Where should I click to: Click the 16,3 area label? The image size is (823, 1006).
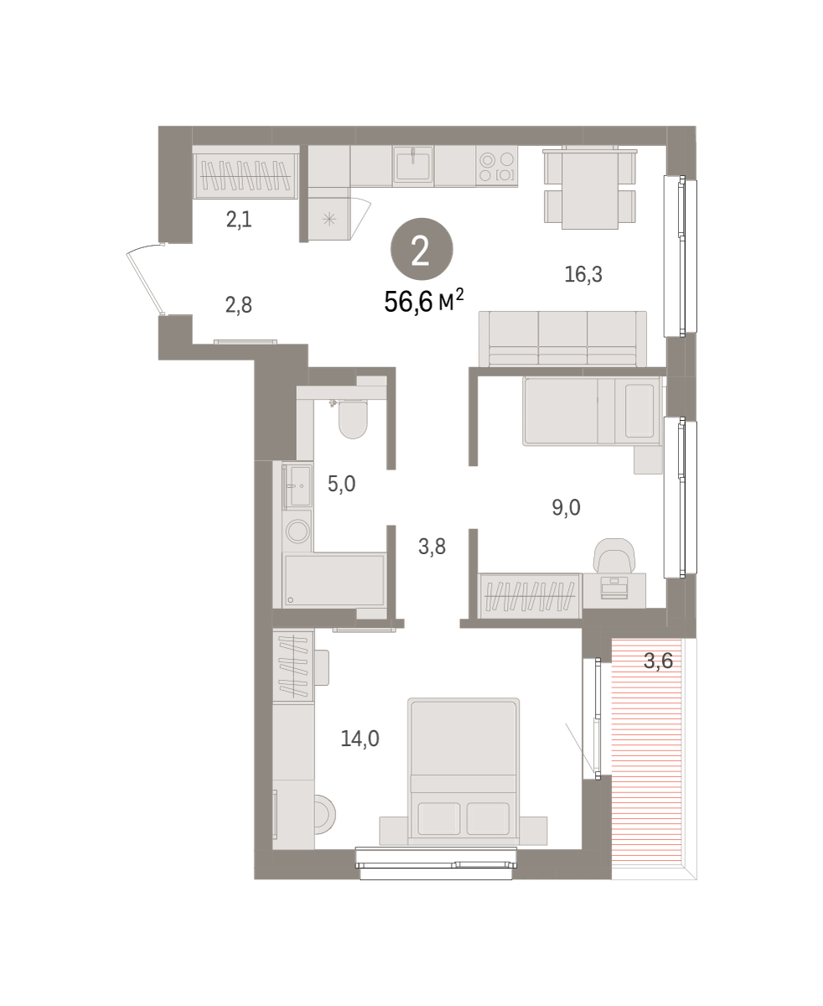[583, 274]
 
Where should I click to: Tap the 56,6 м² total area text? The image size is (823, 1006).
[423, 301]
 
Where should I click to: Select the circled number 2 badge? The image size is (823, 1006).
[422, 249]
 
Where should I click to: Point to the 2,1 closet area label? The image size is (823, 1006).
[239, 220]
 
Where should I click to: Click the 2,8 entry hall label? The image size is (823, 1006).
[238, 305]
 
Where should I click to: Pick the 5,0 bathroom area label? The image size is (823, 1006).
[341, 484]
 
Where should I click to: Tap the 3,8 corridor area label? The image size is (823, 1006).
[432, 547]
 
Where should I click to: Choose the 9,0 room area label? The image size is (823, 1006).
[566, 507]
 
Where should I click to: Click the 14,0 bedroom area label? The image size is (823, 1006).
[360, 739]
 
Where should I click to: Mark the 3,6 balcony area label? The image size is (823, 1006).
[658, 661]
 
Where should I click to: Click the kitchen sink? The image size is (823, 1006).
[413, 165]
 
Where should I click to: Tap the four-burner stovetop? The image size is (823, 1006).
[497, 166]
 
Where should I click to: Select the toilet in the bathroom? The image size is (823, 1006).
[353, 418]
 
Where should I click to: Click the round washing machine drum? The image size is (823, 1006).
[298, 531]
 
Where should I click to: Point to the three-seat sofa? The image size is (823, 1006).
[562, 340]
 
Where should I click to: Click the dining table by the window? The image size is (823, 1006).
[590, 189]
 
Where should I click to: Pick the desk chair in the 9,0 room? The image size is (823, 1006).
[614, 555]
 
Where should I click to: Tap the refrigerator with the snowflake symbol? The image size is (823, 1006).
[329, 219]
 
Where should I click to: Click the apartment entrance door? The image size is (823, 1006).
[145, 279]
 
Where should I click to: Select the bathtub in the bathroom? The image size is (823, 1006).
[334, 580]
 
